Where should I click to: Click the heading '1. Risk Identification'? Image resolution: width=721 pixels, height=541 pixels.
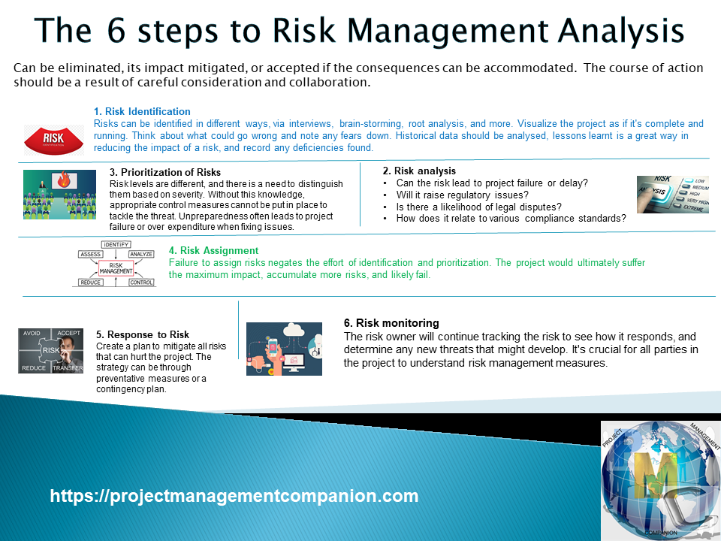tap(142, 111)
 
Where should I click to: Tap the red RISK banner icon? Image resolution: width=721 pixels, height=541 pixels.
tap(54, 140)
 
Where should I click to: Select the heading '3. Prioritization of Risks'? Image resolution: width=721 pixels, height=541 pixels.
tap(164, 172)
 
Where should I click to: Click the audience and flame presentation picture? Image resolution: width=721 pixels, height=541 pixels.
tap(59, 194)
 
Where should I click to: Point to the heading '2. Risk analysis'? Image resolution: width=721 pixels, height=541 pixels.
tap(419, 171)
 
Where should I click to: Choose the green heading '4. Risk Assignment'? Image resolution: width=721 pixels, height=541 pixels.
tap(213, 250)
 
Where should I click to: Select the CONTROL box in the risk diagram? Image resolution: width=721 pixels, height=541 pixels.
tap(141, 283)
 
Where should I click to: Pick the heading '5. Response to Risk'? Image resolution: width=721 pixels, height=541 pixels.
tap(143, 334)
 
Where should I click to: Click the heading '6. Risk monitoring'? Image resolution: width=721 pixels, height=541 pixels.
tap(391, 323)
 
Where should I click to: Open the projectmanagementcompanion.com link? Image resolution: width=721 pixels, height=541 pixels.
tap(234, 496)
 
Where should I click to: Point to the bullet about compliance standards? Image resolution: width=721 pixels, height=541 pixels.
tap(511, 219)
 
